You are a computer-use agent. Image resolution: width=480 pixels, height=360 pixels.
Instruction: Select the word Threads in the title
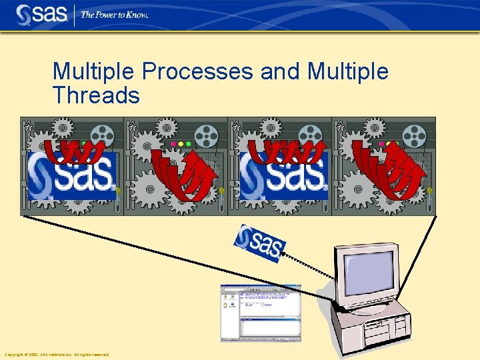pyautogui.click(x=96, y=95)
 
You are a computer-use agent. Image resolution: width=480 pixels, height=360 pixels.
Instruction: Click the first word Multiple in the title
pyautogui.click(x=95, y=72)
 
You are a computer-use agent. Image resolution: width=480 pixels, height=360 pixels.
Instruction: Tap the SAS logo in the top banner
pyautogui.click(x=41, y=14)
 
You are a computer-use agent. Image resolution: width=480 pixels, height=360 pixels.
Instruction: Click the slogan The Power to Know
pyautogui.click(x=114, y=15)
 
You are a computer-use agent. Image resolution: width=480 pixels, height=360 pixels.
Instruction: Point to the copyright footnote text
pyautogui.click(x=57, y=355)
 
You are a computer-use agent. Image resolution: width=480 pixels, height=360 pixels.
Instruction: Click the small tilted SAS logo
pyautogui.click(x=260, y=243)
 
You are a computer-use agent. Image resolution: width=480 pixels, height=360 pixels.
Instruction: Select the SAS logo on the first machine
pyautogui.click(x=71, y=175)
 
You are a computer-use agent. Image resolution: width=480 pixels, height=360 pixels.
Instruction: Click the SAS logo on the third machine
pyautogui.click(x=284, y=175)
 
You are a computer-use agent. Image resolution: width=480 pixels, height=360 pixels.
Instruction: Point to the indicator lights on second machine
pyautogui.click(x=181, y=143)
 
